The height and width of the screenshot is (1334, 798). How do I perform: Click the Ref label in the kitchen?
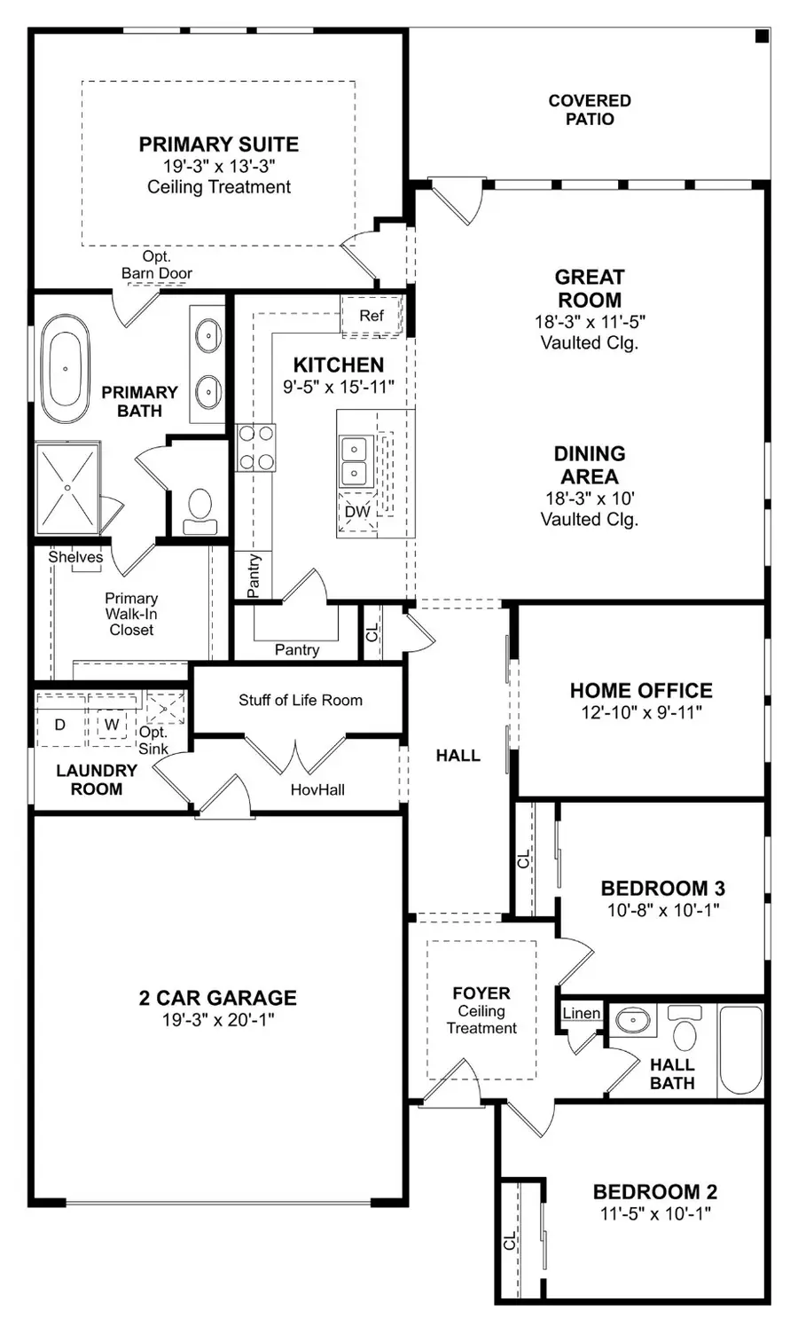coord(372,316)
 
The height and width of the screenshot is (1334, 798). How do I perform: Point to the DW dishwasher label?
coord(357,513)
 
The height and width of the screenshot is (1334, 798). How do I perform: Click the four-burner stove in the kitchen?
coord(255,447)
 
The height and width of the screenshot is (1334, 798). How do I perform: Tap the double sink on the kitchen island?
coord(355,461)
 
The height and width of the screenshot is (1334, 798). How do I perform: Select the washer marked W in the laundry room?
coord(112,725)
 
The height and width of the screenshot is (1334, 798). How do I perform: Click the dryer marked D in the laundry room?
coord(60,725)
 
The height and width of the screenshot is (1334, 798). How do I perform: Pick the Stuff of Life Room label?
coord(300,700)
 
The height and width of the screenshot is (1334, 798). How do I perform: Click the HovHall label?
coord(317,789)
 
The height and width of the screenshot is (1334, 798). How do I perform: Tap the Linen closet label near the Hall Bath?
coord(582,1013)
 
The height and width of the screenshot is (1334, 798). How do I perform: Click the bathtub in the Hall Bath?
coord(740,1049)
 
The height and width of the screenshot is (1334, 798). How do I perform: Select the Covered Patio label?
coord(590,110)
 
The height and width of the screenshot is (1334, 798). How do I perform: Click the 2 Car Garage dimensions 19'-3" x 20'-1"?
coord(218,1020)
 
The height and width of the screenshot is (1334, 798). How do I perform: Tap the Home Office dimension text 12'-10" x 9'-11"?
coord(641,711)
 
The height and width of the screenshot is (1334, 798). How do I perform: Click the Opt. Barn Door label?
coord(156,265)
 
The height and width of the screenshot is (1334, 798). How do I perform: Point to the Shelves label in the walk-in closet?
coord(75,557)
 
